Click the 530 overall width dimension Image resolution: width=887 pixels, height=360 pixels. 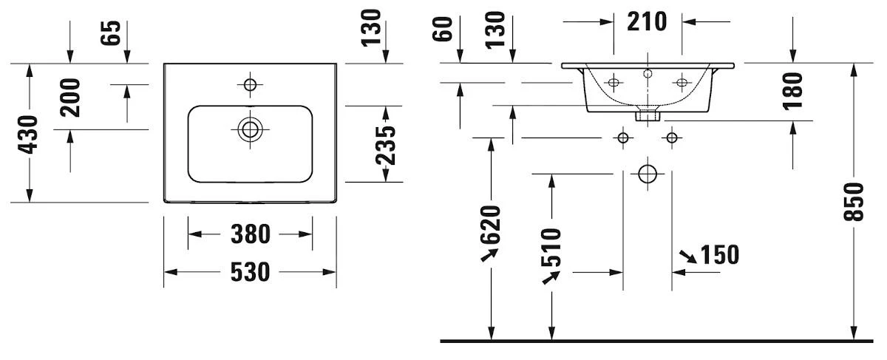(x=249, y=272)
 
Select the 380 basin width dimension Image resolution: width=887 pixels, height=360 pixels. (x=249, y=234)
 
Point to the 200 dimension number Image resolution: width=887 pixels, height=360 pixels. (x=71, y=97)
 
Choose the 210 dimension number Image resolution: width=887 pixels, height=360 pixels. (x=647, y=21)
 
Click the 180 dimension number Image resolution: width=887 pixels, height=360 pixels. (x=792, y=91)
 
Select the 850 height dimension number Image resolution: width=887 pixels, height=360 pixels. (x=854, y=201)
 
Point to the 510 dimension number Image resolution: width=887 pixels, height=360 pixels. (x=551, y=248)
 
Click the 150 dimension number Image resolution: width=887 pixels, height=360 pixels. (x=719, y=254)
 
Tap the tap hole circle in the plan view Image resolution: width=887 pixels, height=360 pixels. (x=250, y=85)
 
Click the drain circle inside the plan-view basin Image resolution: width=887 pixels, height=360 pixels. (x=250, y=129)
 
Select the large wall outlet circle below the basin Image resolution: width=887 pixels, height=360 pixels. (x=648, y=174)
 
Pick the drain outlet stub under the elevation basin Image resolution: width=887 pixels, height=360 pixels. (x=648, y=115)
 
